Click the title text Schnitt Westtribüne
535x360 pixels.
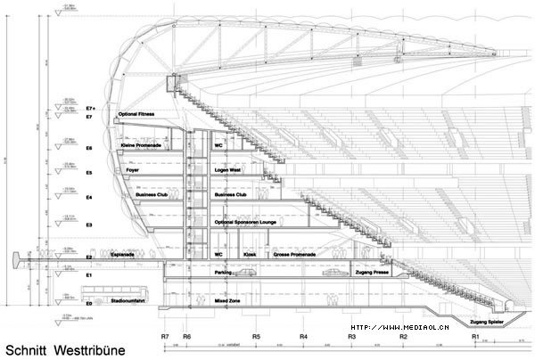click(x=54, y=348)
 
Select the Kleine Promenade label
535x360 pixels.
click(x=142, y=144)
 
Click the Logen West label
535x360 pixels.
click(x=230, y=167)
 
